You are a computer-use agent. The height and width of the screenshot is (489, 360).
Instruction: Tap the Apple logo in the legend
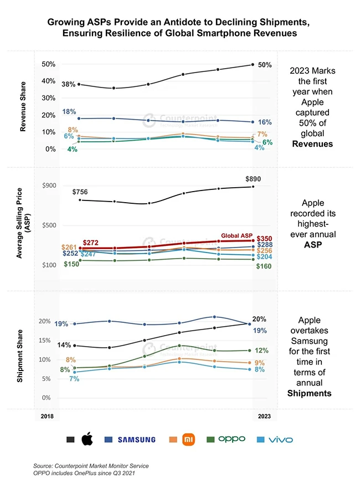pos(87,439)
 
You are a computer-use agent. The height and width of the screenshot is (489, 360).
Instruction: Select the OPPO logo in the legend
pos(232,439)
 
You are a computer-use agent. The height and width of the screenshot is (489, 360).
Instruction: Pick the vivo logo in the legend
pos(280,440)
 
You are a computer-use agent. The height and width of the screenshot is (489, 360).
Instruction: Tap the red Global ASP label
pos(236,235)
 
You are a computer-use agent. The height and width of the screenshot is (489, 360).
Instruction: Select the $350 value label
pos(264,236)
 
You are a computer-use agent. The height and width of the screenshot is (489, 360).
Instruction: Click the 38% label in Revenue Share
pos(69,84)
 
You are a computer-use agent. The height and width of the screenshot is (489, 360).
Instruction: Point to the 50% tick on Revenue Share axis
pos(49,64)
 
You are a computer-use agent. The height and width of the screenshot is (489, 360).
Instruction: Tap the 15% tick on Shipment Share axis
pos(48,340)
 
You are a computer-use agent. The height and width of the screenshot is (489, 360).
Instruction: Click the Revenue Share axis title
pos(23,107)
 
